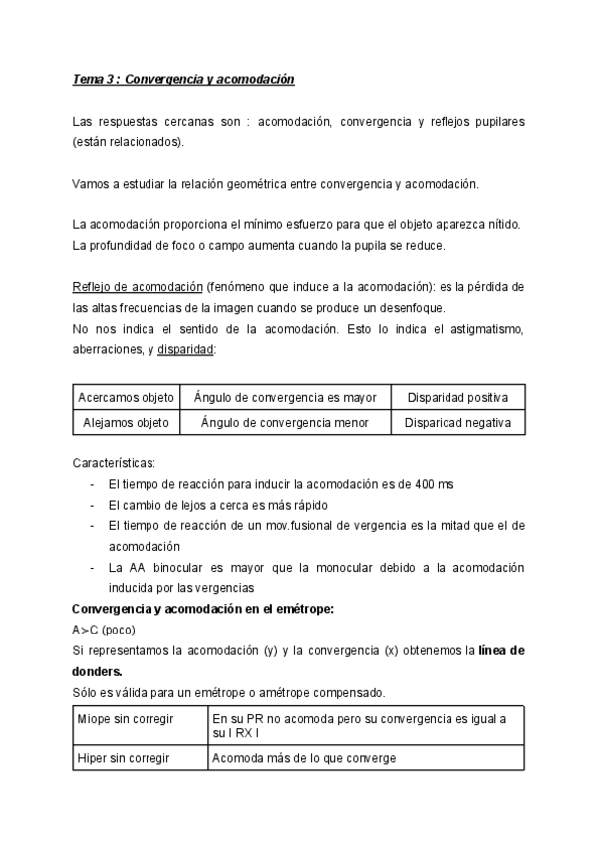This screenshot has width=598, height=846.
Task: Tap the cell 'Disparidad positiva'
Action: coord(457,397)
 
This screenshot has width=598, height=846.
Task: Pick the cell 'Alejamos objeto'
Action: coord(124,423)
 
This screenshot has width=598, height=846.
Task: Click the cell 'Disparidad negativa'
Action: coord(457,423)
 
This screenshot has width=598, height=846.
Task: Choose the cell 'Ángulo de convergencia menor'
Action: coord(284,423)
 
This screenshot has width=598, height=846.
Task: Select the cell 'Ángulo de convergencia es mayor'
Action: coord(285,397)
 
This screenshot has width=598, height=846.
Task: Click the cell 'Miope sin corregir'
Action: coord(126,718)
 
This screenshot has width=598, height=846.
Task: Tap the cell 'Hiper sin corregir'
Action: coord(124,757)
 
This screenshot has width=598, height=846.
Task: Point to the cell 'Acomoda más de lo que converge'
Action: coord(303,757)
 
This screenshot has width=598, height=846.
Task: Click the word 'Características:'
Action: coord(114,462)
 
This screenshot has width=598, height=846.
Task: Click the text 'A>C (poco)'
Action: coord(103,630)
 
